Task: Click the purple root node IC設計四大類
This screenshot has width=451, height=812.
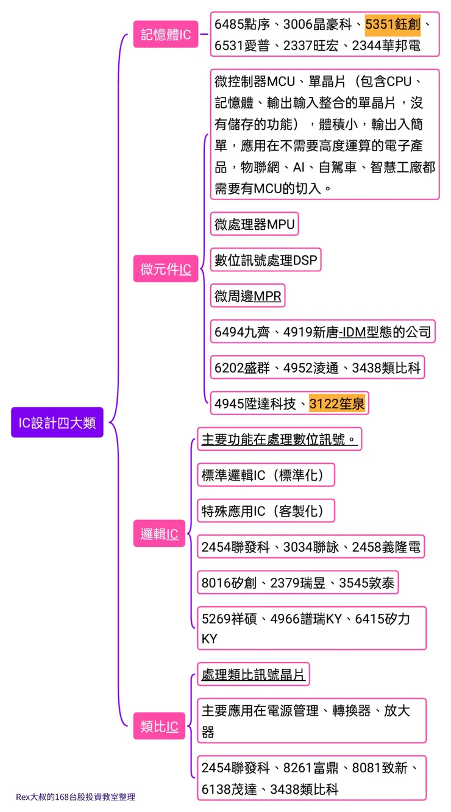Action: click(57, 422)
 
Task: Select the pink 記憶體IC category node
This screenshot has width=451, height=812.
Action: click(166, 35)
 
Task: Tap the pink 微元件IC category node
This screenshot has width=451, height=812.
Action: click(166, 269)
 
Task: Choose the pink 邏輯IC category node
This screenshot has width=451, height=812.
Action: click(159, 534)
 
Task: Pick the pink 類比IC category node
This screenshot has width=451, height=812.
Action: click(159, 726)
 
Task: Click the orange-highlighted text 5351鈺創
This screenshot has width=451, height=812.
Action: click(392, 24)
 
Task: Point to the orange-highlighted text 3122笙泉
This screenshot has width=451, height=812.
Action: click(337, 404)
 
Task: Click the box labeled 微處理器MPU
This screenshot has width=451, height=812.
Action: click(255, 224)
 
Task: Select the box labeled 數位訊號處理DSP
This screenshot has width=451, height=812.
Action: click(266, 260)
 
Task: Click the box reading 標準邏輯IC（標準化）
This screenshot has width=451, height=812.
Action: click(266, 475)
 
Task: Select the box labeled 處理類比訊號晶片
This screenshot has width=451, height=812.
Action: click(254, 675)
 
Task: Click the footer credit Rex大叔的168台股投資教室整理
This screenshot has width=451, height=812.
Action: click(76, 797)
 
